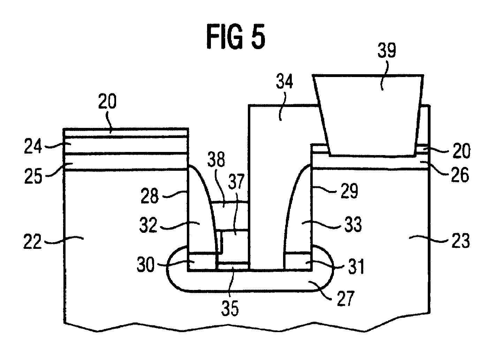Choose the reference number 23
[460, 240]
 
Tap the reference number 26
[460, 176]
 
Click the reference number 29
[349, 191]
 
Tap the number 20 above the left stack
[107, 103]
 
